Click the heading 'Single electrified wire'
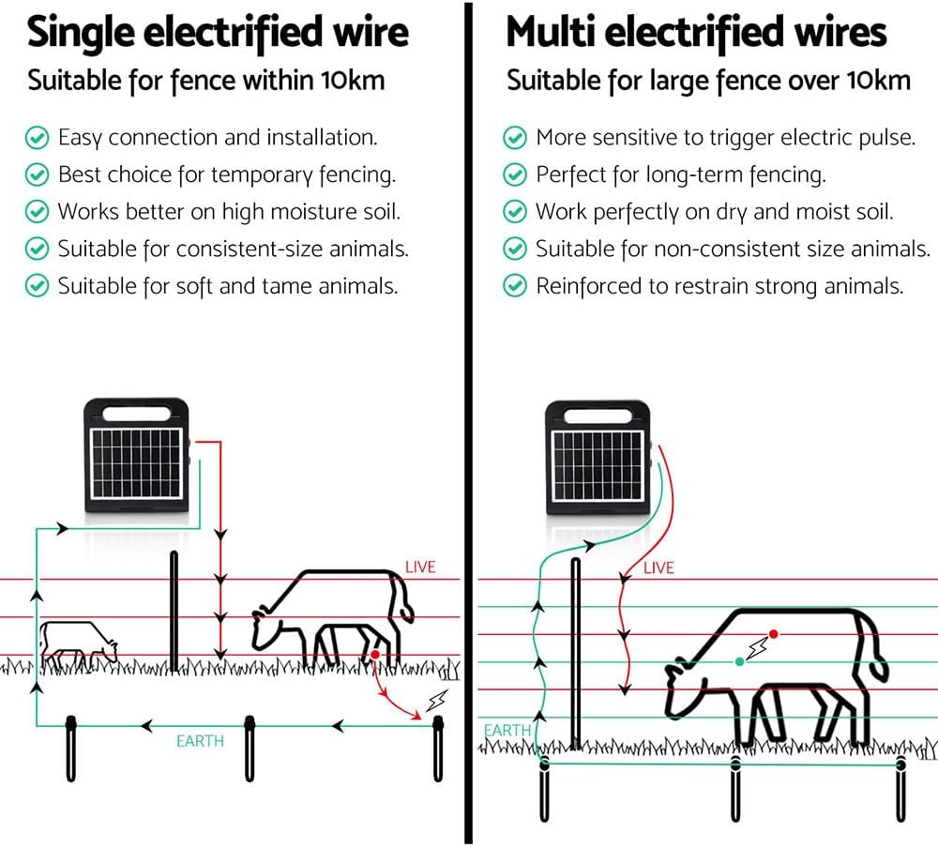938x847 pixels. [x=218, y=33]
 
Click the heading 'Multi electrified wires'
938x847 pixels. [x=696, y=33]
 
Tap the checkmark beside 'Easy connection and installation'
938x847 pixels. [x=37, y=138]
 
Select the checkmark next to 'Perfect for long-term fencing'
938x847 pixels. [x=515, y=174]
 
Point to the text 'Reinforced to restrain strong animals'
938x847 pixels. [x=719, y=286]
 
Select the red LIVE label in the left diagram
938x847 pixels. [x=420, y=567]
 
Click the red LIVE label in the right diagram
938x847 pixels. [x=658, y=567]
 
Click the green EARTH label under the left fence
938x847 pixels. [x=200, y=741]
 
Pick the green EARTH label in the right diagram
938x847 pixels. [x=507, y=730]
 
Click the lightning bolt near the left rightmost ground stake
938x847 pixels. [x=435, y=701]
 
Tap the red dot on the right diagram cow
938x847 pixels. [x=774, y=634]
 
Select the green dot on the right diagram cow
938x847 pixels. [x=740, y=662]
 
